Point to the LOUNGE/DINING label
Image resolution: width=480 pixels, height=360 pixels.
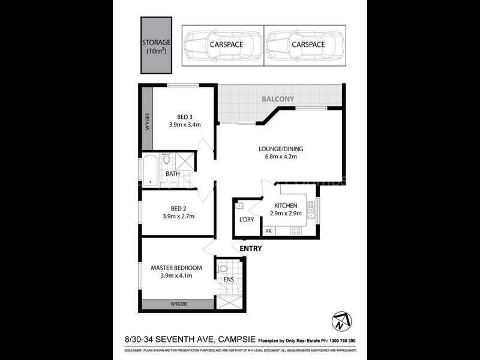(x=281, y=152)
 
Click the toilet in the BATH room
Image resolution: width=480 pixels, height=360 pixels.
(x=167, y=159)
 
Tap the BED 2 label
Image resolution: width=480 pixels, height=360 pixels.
(x=178, y=212)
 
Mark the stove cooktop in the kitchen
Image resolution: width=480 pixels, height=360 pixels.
(x=296, y=230)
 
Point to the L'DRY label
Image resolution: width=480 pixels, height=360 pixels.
(x=247, y=220)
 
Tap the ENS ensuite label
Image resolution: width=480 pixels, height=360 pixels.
(x=228, y=280)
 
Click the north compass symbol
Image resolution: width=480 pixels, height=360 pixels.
(x=338, y=320)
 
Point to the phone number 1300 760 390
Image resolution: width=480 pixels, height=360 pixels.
(x=340, y=341)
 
